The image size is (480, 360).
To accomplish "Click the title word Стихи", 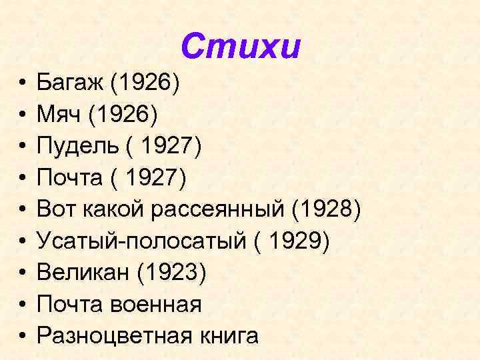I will pos(241,47).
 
